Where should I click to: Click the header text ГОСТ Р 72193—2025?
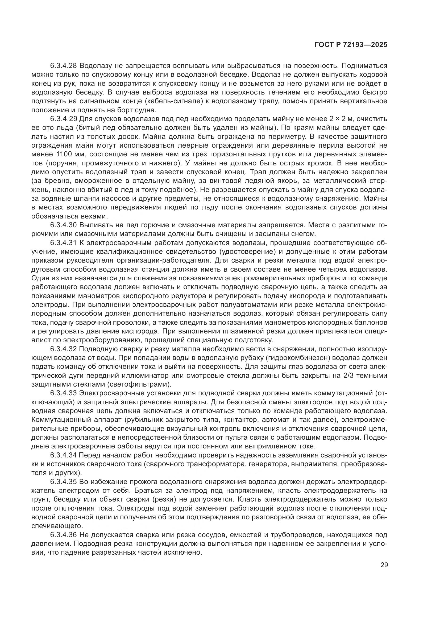351,45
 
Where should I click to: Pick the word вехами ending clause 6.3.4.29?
92,216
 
